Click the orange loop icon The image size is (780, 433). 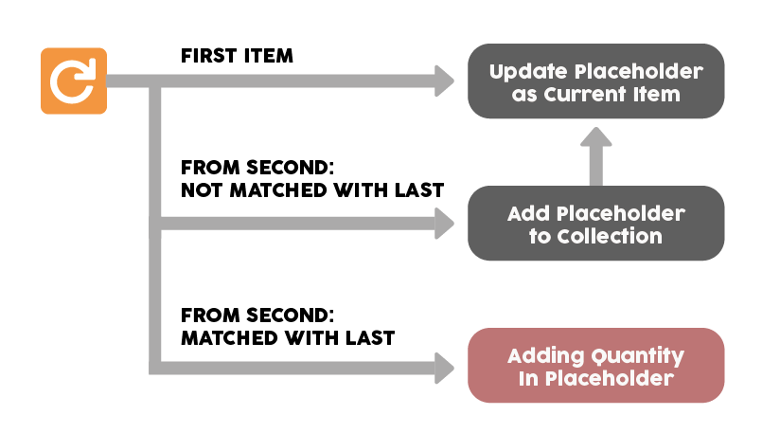(x=74, y=81)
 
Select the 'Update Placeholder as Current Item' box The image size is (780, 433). (x=596, y=81)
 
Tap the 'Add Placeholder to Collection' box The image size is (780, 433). (x=596, y=223)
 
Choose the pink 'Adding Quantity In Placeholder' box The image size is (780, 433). (x=596, y=366)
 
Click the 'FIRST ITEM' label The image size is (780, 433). (x=237, y=56)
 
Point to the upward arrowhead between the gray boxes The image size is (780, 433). (x=596, y=136)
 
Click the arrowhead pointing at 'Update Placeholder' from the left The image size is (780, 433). (x=444, y=81)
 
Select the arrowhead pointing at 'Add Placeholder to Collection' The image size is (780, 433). (x=444, y=223)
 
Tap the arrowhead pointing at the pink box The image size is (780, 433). (x=444, y=368)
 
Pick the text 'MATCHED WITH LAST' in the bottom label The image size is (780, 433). (x=288, y=338)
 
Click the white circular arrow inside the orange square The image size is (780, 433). (x=73, y=81)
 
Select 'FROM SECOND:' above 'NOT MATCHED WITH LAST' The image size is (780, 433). (x=257, y=168)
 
